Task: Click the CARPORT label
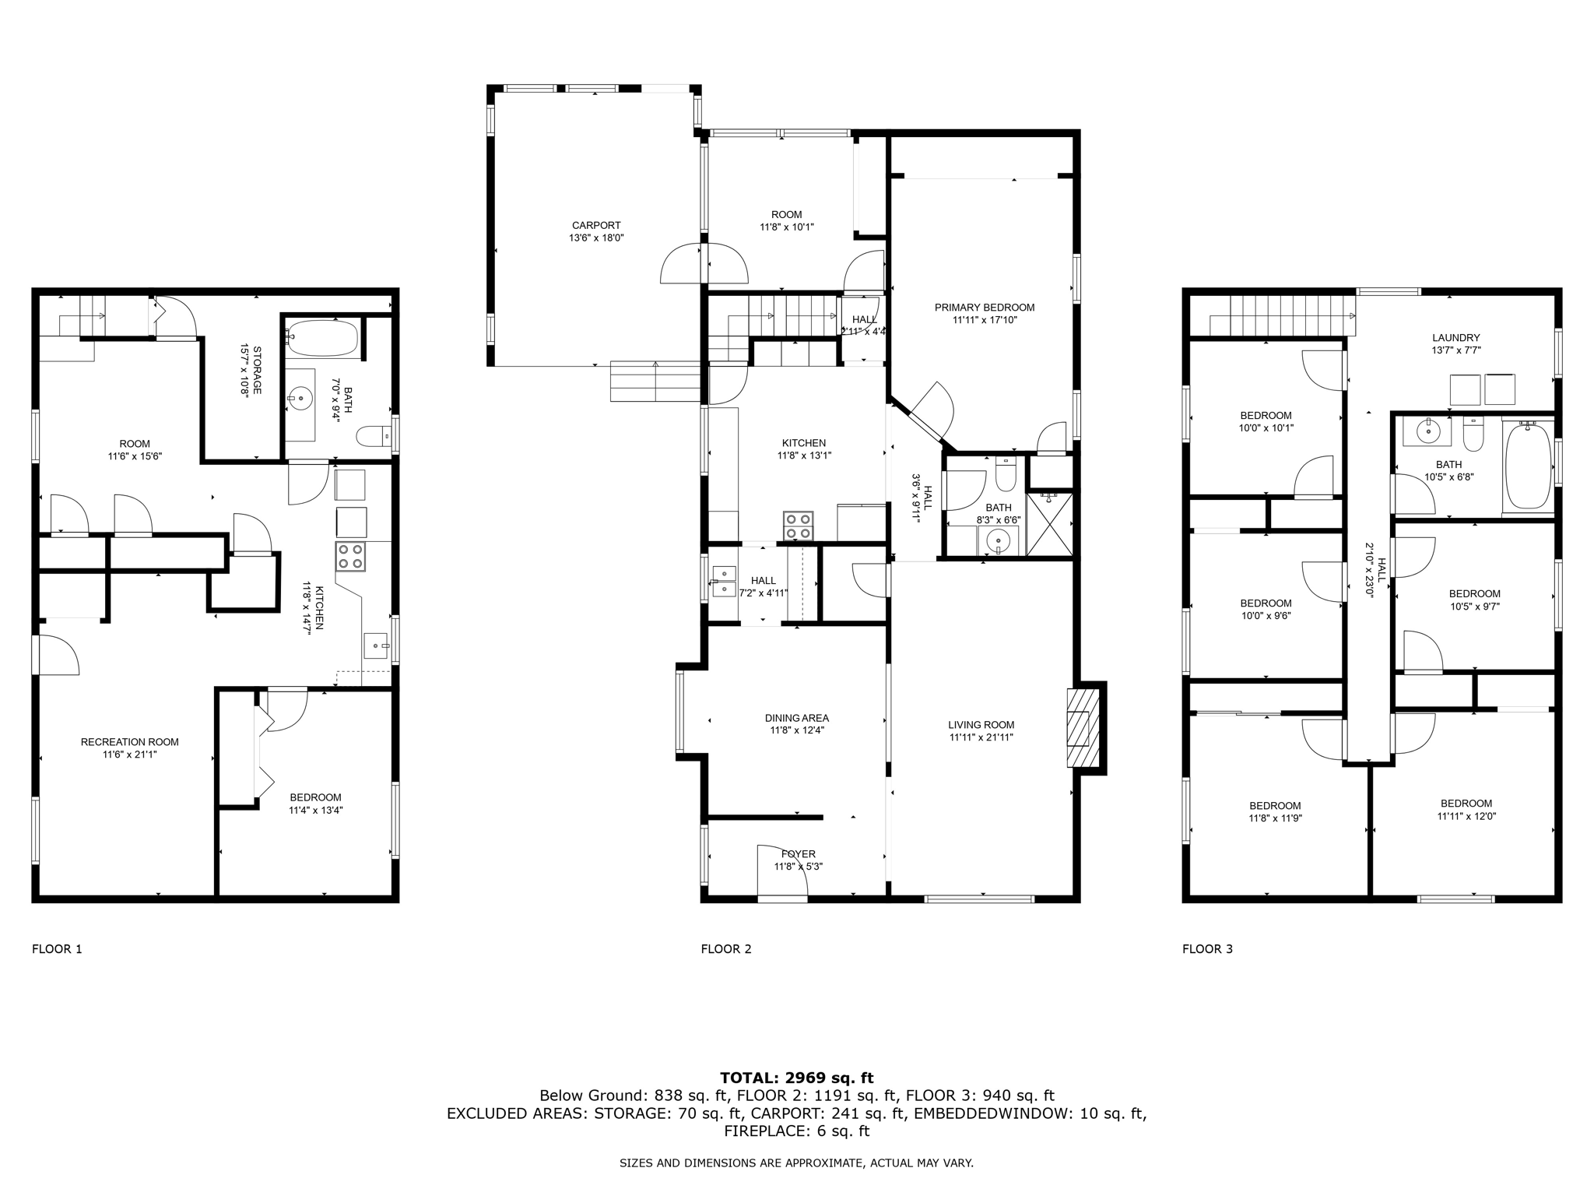(x=596, y=226)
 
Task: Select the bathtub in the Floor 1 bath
(x=322, y=339)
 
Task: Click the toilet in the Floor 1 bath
(x=374, y=437)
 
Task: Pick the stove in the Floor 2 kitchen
(x=798, y=526)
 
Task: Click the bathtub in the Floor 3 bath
(x=1529, y=466)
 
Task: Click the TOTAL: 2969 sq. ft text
(x=797, y=1078)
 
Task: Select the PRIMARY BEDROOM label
(x=985, y=308)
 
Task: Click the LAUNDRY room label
(x=1456, y=338)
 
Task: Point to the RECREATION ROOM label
(x=130, y=742)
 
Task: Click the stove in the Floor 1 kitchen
(x=350, y=557)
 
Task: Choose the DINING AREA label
(x=797, y=718)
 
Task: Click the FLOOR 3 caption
(x=1208, y=949)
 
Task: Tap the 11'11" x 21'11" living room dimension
(x=981, y=737)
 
